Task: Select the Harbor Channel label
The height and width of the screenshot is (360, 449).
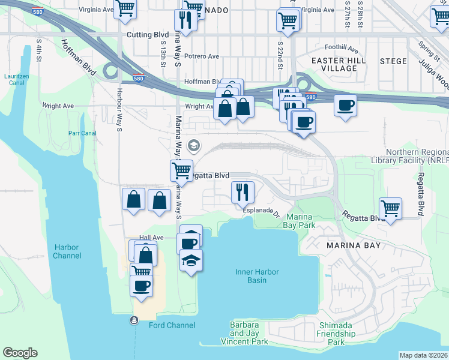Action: [67, 251]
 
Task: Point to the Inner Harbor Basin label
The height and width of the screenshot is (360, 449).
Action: [257, 276]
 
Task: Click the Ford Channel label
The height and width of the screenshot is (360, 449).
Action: [172, 325]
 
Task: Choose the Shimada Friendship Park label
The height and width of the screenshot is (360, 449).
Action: [331, 334]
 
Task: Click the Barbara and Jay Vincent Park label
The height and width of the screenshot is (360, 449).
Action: [249, 333]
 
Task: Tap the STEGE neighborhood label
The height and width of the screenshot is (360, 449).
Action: [393, 61]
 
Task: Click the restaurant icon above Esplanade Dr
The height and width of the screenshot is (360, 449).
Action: [243, 192]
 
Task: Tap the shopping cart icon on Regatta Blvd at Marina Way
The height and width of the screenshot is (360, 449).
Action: [181, 170]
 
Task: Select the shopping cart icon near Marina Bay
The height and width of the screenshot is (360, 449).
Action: [391, 208]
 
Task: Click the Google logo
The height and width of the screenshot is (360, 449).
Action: [20, 353]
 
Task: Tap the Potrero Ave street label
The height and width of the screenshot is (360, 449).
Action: [202, 56]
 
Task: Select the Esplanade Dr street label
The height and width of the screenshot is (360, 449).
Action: [262, 211]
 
